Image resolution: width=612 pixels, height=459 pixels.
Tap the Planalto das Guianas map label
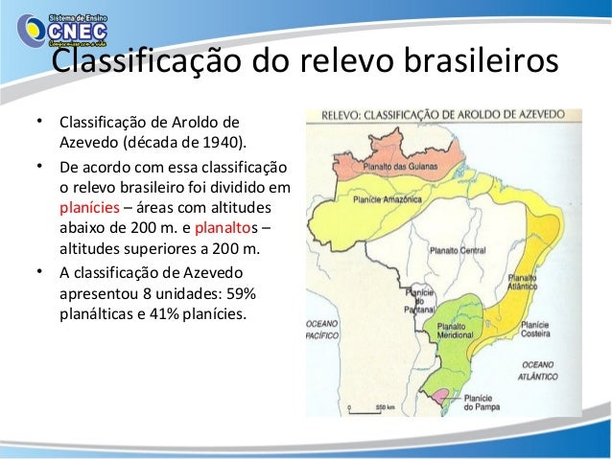(x=394, y=167)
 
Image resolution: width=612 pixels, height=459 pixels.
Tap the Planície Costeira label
(x=534, y=331)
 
